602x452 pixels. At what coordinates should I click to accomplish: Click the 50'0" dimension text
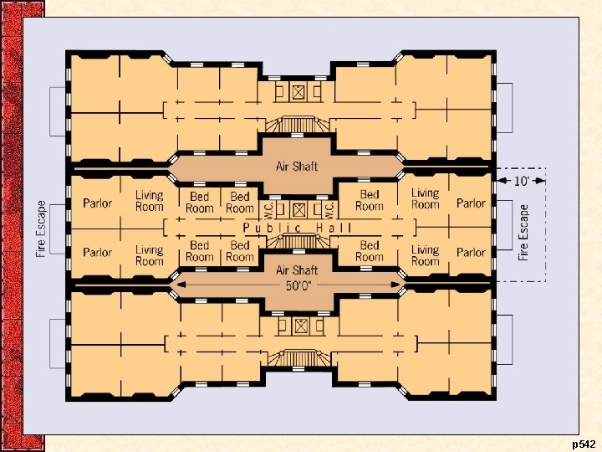click(297, 285)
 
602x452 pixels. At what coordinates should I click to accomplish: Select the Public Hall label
click(297, 228)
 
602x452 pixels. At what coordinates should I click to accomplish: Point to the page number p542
click(584, 442)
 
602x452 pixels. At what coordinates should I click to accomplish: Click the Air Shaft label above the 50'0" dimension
click(297, 270)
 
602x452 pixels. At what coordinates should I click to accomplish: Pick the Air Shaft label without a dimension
click(297, 166)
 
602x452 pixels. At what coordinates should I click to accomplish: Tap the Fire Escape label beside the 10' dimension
click(524, 232)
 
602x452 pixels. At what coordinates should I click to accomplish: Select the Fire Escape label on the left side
click(42, 228)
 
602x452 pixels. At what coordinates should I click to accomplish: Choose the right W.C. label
click(329, 208)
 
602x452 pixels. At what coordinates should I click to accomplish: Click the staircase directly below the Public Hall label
click(297, 242)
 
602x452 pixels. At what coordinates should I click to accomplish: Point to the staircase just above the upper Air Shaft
click(297, 126)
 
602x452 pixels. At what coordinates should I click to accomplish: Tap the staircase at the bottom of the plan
click(297, 358)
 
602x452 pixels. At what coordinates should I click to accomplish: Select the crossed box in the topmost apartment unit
click(297, 90)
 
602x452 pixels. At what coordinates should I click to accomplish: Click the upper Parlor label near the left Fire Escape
click(98, 203)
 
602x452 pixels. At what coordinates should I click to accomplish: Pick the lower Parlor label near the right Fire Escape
click(471, 252)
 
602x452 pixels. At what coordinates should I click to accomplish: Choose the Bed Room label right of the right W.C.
click(369, 201)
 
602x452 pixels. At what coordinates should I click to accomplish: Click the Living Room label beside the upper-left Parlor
click(150, 201)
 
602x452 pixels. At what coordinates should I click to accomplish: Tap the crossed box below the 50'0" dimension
click(297, 325)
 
